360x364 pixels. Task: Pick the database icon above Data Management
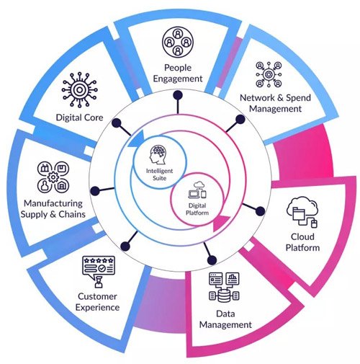(222, 288)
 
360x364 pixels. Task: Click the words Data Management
(224, 319)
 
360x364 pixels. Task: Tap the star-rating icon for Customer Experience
(99, 271)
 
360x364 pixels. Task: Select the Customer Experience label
(98, 302)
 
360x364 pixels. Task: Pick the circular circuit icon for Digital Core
(79, 89)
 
